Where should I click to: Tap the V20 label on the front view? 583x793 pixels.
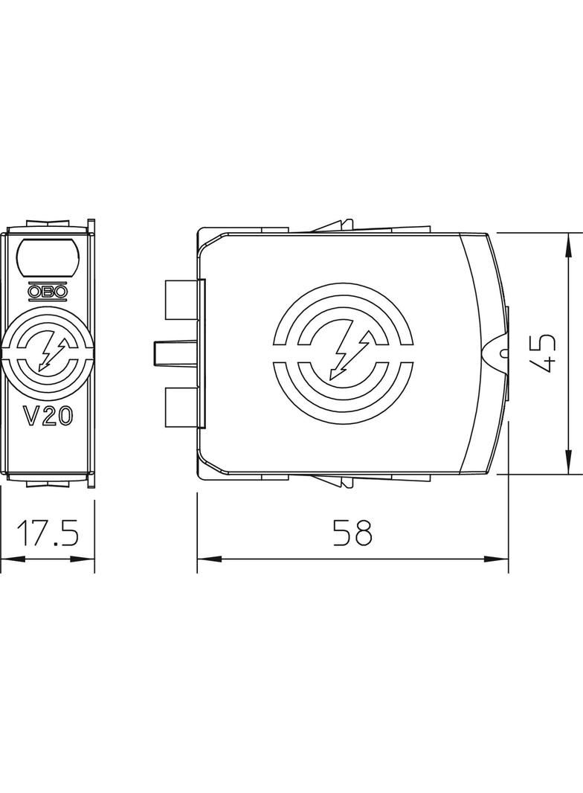(x=48, y=416)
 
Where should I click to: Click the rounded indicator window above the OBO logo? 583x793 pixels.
(x=48, y=257)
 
